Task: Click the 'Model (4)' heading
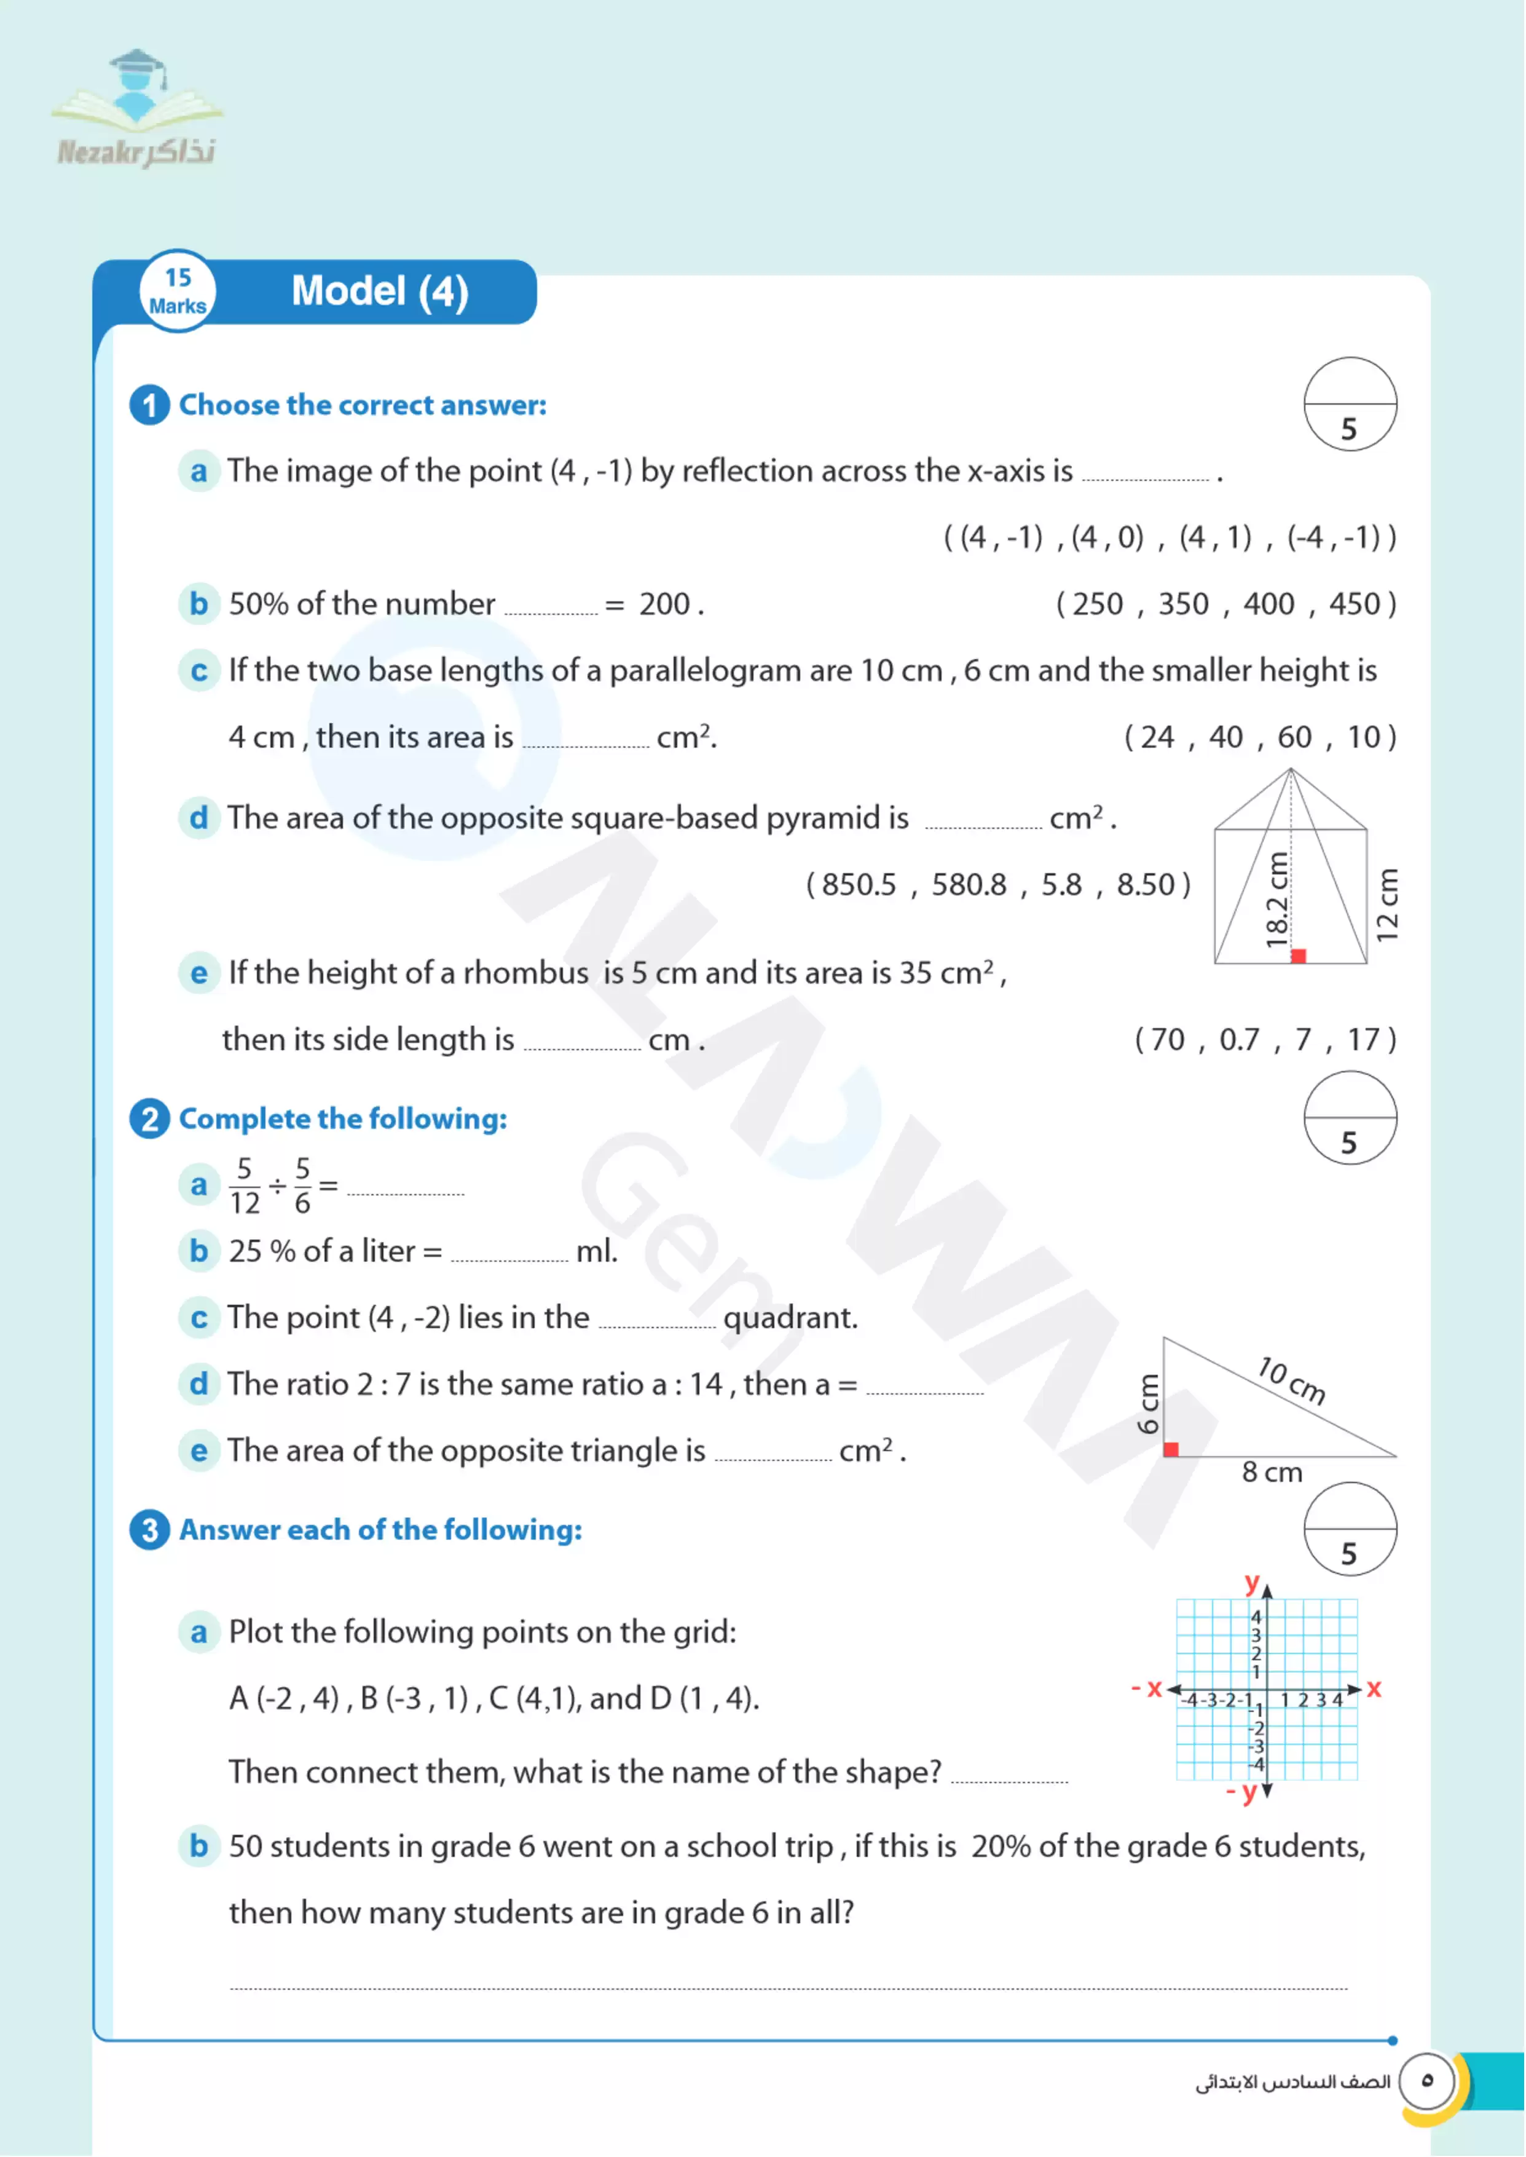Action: [x=380, y=291]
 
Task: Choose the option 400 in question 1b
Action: [x=1268, y=604]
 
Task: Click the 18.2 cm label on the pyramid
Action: [x=1276, y=900]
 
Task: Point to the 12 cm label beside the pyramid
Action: [x=1387, y=905]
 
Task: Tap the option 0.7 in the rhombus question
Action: [x=1238, y=1040]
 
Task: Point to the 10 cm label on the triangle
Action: [x=1292, y=1380]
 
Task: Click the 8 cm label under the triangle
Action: [x=1272, y=1473]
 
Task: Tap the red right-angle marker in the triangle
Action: [x=1171, y=1449]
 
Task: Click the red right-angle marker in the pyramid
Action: [x=1299, y=956]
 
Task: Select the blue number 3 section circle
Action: [x=149, y=1530]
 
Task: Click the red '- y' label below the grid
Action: [x=1242, y=1792]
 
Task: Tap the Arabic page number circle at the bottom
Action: [x=1426, y=2081]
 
